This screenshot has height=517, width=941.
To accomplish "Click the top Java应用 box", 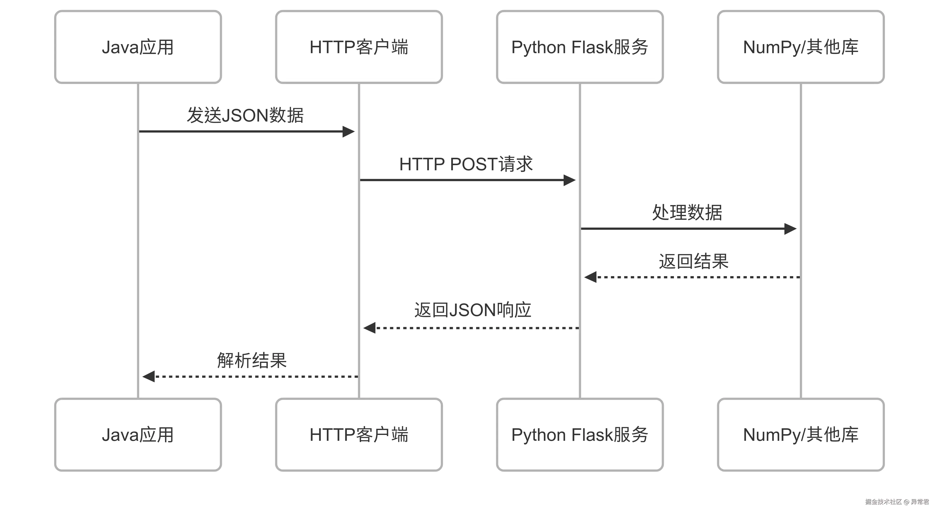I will [x=138, y=47].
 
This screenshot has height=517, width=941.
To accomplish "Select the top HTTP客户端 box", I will [x=359, y=47].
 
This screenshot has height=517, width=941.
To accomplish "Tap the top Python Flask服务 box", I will [x=580, y=47].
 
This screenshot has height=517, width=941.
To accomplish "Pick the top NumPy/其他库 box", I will [x=801, y=47].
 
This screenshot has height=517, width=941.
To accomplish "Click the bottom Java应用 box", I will [x=138, y=435].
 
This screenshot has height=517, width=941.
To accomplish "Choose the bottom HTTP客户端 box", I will [x=359, y=435].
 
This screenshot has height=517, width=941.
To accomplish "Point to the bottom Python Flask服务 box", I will [x=580, y=435].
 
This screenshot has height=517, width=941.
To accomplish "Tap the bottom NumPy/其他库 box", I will [x=801, y=435].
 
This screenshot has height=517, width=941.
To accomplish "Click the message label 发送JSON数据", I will [x=245, y=115].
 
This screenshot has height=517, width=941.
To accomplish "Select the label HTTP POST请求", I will [x=466, y=164].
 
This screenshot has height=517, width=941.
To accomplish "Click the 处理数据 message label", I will [x=687, y=213].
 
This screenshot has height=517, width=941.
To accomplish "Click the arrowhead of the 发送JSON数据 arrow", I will [x=348, y=132].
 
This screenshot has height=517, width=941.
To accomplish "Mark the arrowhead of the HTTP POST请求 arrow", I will [x=570, y=180].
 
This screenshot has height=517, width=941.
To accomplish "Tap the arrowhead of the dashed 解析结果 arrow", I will [x=148, y=376].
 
